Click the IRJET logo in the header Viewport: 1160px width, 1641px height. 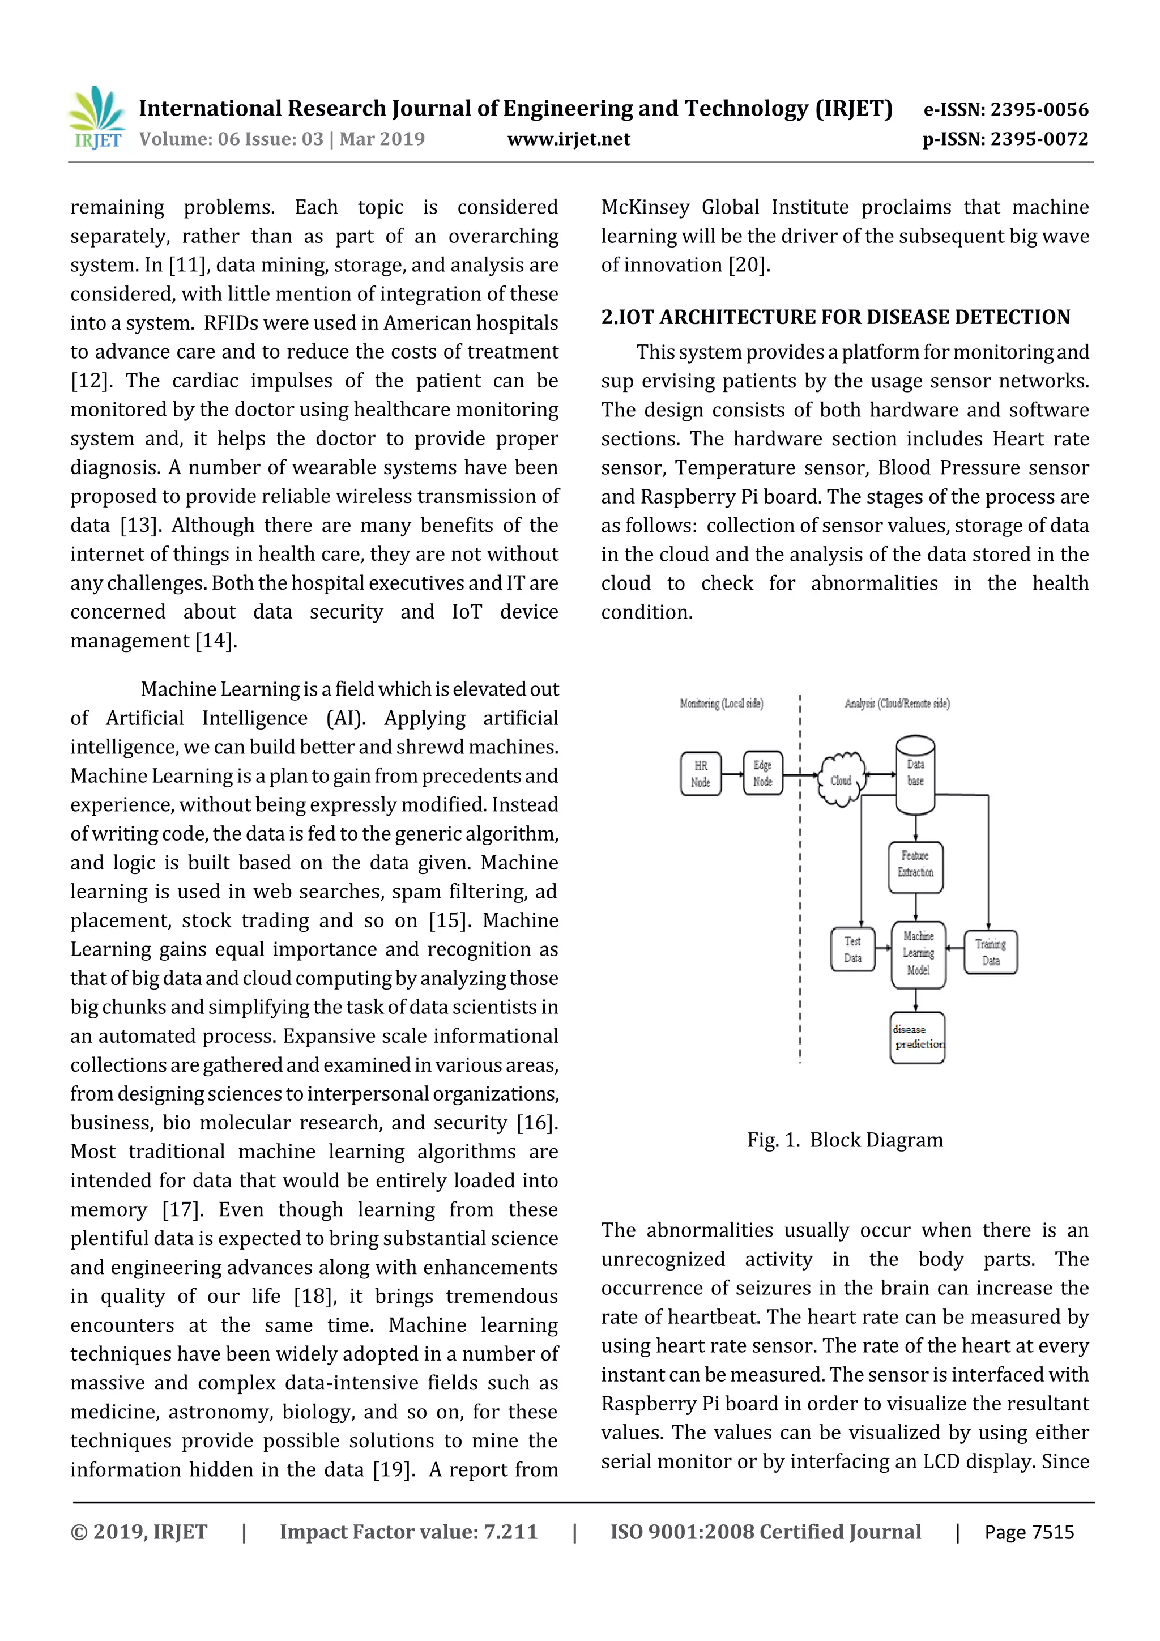click(98, 117)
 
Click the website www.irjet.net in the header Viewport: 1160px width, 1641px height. click(568, 139)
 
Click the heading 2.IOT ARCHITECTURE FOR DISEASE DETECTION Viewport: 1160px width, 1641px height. click(835, 317)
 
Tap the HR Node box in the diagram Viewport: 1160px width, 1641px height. click(701, 773)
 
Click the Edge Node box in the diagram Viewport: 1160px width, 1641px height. click(762, 773)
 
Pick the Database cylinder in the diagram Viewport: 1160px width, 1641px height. click(915, 775)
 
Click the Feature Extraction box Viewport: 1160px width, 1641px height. click(915, 867)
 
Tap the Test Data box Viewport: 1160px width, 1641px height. click(852, 949)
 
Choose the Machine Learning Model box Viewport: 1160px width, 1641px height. click(918, 954)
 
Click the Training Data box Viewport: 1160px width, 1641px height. click(990, 952)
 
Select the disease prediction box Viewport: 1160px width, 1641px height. click(918, 1037)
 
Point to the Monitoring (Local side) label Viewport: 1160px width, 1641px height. click(721, 704)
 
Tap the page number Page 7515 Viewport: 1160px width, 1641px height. click(1029, 1532)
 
